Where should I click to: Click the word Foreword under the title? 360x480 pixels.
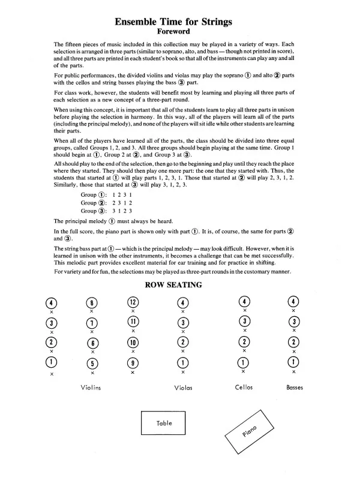click(x=173, y=31)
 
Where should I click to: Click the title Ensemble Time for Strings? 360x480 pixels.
click(x=173, y=21)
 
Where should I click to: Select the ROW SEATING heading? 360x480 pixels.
click(x=173, y=284)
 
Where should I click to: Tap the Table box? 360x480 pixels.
click(x=164, y=423)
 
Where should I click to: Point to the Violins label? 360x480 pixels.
click(x=90, y=388)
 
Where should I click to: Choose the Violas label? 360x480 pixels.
click(x=183, y=388)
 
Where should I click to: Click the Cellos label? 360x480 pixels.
click(x=244, y=388)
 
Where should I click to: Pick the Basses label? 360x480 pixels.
click(x=294, y=388)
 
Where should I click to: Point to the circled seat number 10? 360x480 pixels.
click(x=133, y=342)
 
